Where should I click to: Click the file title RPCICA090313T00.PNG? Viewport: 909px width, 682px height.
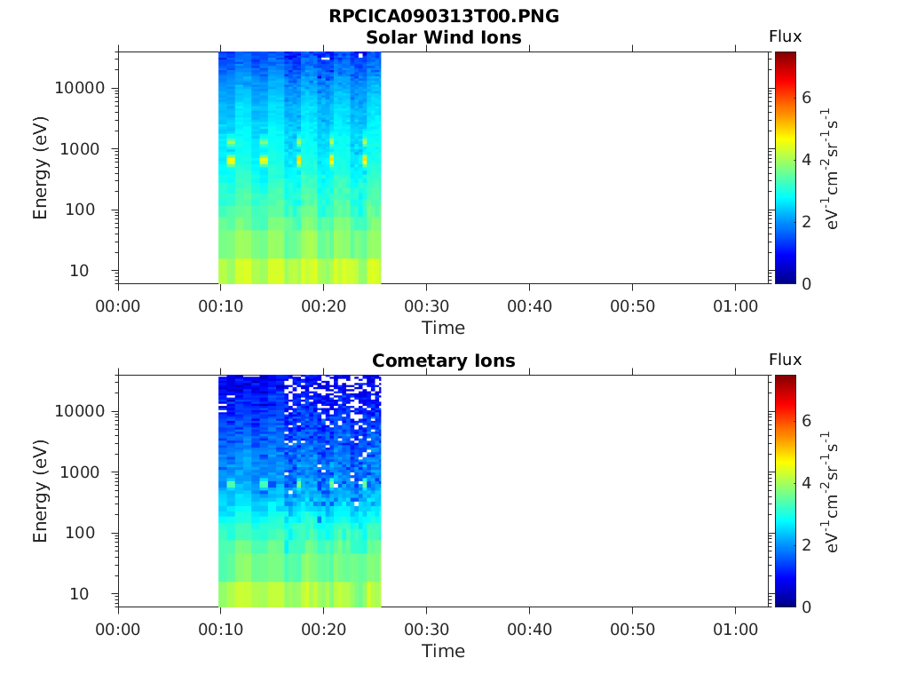pos(444,16)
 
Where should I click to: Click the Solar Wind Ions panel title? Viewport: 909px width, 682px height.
pos(444,37)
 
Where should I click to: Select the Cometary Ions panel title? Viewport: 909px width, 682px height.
pos(444,361)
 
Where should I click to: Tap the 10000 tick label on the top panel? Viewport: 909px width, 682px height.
pos(80,88)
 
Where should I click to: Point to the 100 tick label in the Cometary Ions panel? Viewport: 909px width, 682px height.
pos(80,533)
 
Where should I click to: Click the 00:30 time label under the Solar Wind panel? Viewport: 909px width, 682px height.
pos(427,306)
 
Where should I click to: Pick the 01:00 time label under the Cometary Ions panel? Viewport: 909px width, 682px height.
pos(735,630)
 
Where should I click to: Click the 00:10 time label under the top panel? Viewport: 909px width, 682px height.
pos(221,306)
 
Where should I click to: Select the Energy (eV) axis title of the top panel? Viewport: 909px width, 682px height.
pos(40,168)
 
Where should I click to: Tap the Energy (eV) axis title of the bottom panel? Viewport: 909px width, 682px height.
pos(40,491)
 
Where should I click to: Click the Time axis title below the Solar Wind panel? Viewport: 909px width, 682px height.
pos(444,329)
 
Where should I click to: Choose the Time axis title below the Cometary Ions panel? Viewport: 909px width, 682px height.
pos(444,651)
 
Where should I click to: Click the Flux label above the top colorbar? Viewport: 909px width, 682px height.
pos(785,36)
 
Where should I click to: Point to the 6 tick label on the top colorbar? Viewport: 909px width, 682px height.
pos(806,98)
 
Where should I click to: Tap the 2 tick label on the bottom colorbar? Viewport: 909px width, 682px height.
pos(806,544)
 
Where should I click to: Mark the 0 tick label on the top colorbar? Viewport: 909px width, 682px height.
pos(806,284)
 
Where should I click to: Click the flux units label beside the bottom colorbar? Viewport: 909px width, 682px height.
pos(830,492)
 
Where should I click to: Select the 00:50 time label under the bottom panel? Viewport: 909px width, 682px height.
pos(632,630)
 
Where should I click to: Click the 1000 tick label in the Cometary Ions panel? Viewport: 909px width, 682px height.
pos(80,472)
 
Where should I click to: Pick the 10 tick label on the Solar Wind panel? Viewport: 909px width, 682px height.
pos(79,270)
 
